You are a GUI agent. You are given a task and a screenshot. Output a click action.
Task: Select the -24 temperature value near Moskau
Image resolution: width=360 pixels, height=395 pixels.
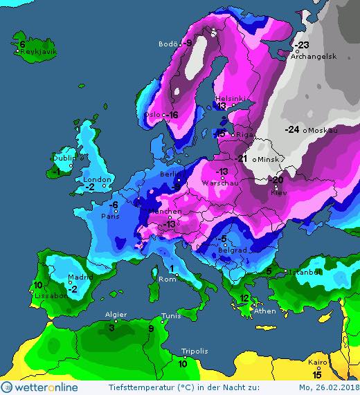[x=291, y=129]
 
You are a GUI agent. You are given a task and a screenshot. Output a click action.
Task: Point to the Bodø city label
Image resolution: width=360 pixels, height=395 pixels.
[x=168, y=44]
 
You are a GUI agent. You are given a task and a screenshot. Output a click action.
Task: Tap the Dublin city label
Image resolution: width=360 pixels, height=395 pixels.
[x=64, y=158]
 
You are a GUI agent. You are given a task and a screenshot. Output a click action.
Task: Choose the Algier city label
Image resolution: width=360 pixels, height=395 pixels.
[x=115, y=315]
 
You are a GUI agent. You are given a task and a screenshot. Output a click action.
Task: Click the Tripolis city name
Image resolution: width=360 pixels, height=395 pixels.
[x=194, y=351]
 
